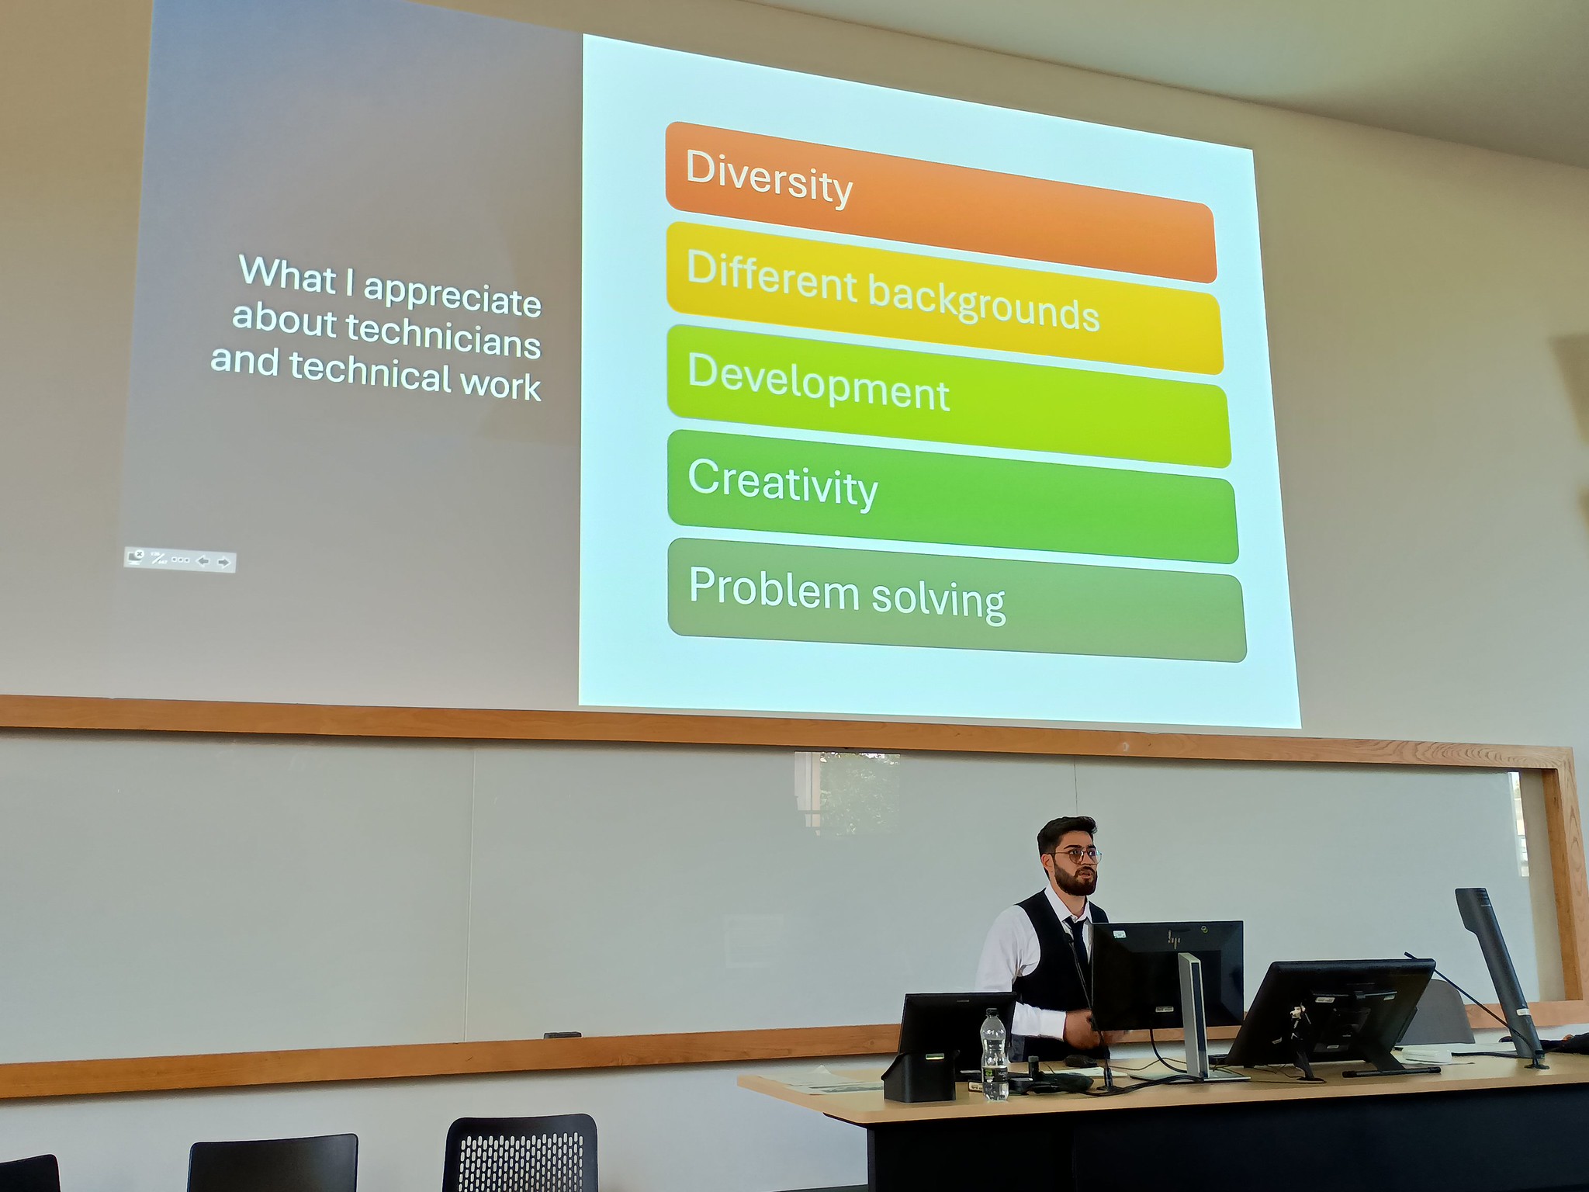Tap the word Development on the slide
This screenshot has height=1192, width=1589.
click(819, 382)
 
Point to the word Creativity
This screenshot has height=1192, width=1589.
click(783, 483)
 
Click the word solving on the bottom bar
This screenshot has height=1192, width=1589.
click(939, 598)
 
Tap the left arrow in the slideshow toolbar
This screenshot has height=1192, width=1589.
click(203, 561)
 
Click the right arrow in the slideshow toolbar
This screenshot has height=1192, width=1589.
click(224, 562)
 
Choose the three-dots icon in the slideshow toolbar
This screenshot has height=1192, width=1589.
click(180, 560)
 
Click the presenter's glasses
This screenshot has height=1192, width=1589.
click(1077, 856)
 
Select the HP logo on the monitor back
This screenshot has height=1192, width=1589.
click(1175, 940)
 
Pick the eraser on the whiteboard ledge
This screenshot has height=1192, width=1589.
click(563, 1034)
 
